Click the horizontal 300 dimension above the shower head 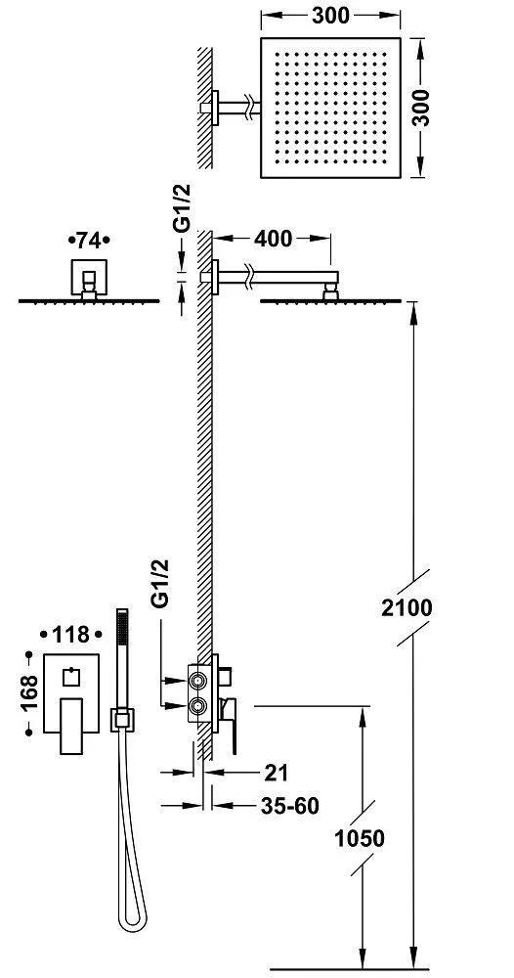pos(330,16)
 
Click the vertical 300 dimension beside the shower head pos(422,108)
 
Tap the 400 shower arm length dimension pos(273,239)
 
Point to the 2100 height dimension pos(407,607)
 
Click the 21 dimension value pos(276,773)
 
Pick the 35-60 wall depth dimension pos(289,806)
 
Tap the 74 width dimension pos(88,240)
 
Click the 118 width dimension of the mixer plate pos(70,635)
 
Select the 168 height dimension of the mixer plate pos(28,693)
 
